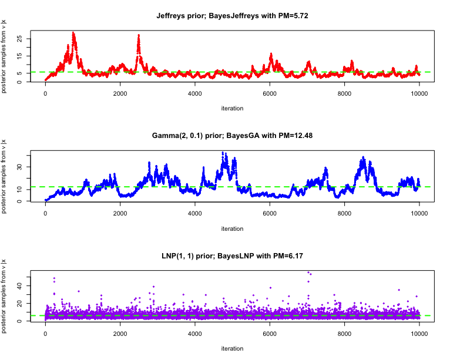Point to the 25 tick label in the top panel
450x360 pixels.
click(20, 39)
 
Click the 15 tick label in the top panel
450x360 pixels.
click(20, 56)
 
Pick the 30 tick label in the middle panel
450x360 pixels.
click(20, 166)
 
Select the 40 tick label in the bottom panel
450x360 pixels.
click(20, 286)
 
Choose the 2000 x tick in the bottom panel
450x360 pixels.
click(120, 333)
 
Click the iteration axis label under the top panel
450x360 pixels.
click(232, 108)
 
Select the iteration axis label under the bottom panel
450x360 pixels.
click(232, 348)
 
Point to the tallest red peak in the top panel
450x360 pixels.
click(73, 33)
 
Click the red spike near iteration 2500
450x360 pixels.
click(139, 36)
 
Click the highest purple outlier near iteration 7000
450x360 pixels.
click(308, 272)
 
